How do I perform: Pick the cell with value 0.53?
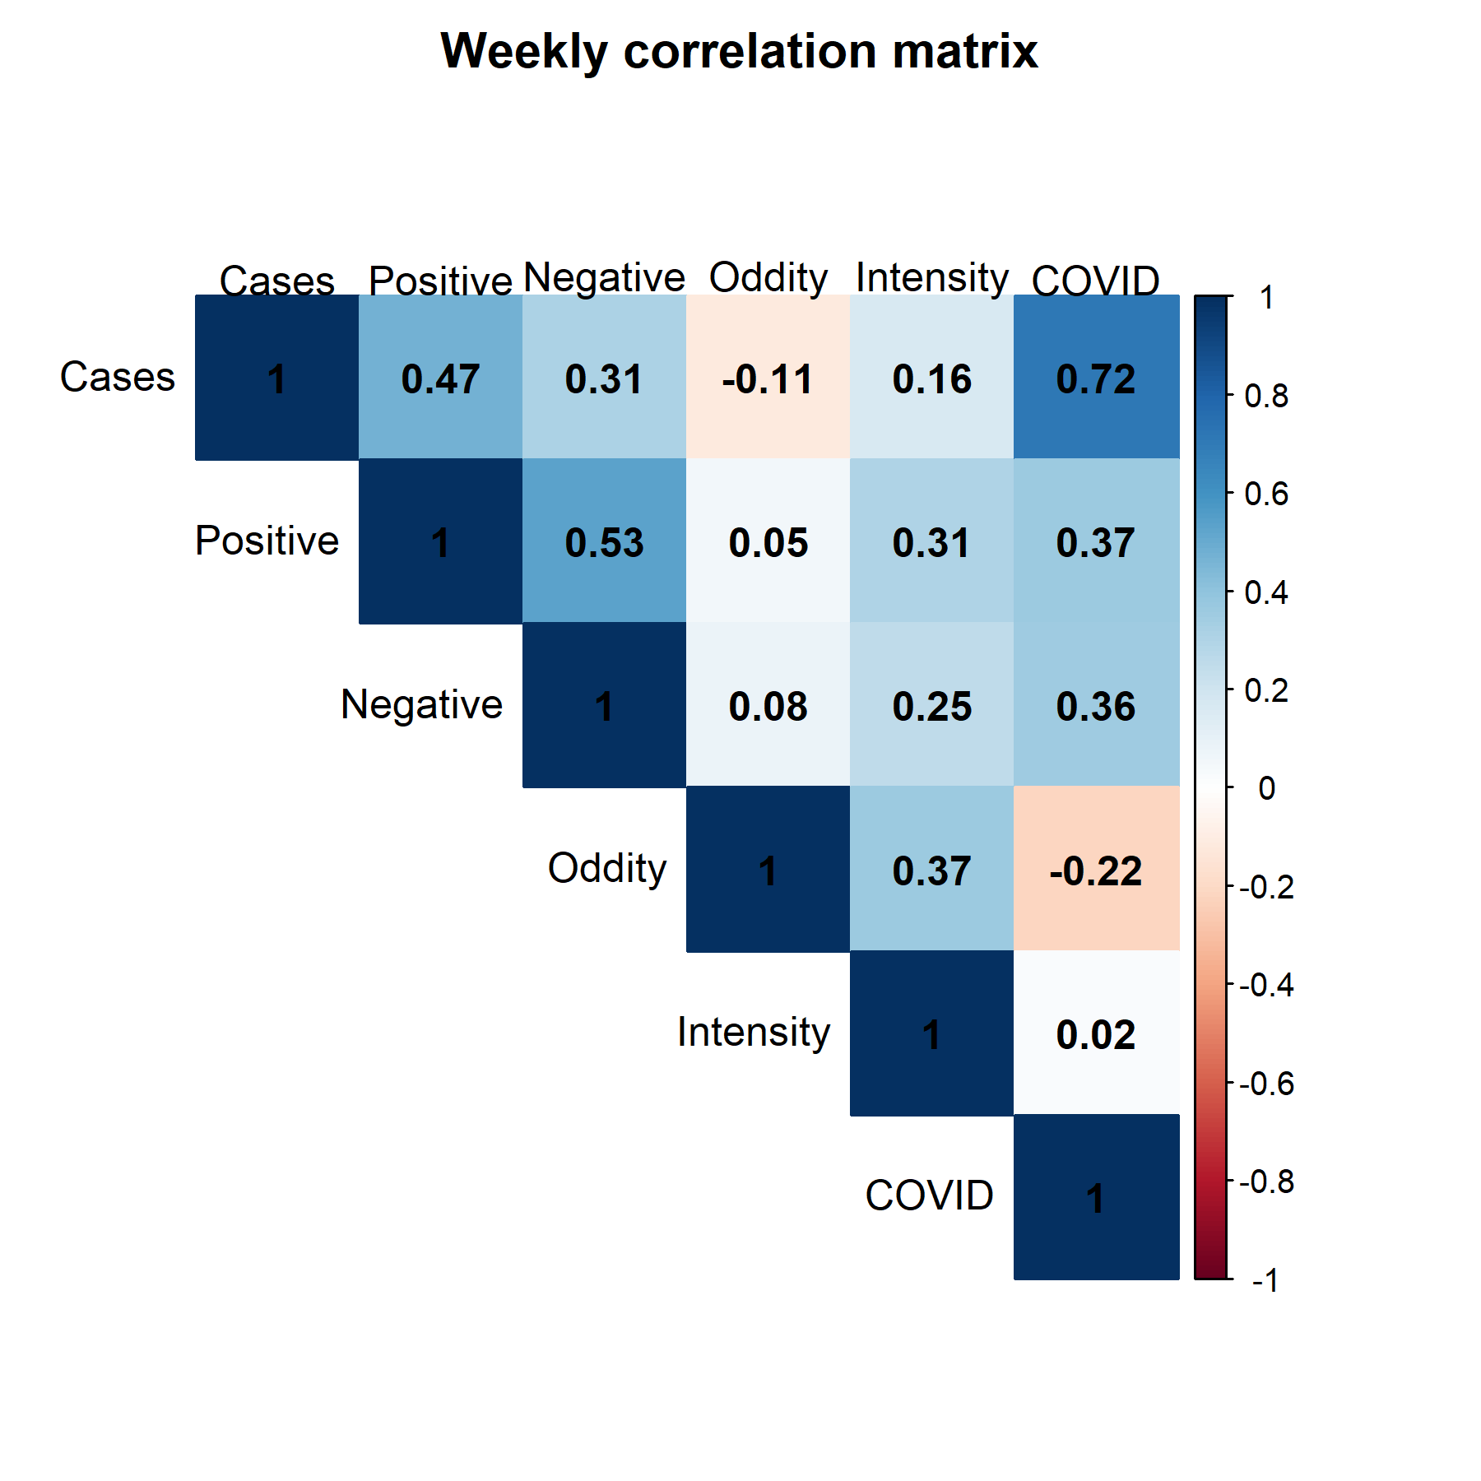(604, 541)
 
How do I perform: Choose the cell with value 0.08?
(768, 705)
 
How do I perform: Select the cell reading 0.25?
(931, 705)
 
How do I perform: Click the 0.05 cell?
(768, 541)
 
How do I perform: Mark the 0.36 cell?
(1096, 705)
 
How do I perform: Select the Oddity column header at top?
(768, 277)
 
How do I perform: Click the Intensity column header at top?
(931, 277)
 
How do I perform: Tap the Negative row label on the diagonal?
(421, 705)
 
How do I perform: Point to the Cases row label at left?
(117, 377)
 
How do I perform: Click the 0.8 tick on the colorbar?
(1265, 397)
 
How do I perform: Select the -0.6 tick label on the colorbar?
(1265, 1084)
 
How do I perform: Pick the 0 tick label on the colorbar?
(1266, 788)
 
